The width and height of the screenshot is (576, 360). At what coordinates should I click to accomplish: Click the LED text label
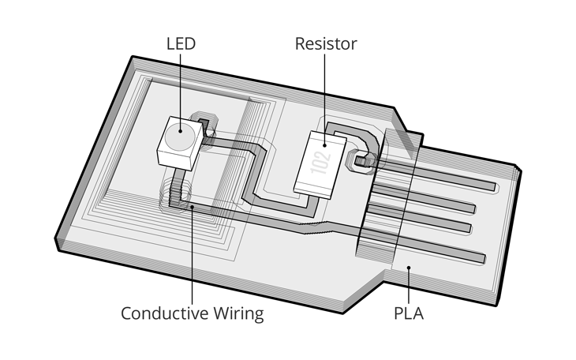pyautogui.click(x=180, y=43)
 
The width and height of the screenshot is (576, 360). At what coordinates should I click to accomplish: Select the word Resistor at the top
pyautogui.click(x=326, y=43)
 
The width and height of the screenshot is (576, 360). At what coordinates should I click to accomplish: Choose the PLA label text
pyautogui.click(x=409, y=313)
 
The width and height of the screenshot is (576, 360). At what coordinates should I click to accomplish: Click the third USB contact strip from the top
pyautogui.click(x=426, y=222)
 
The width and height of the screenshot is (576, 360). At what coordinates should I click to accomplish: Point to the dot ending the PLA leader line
pyautogui.click(x=408, y=269)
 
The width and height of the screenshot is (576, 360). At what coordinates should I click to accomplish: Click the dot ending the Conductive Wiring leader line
pyautogui.click(x=193, y=208)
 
